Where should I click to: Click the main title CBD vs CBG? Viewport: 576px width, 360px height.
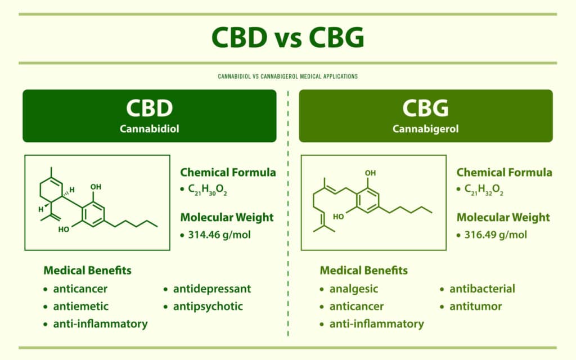pyautogui.click(x=287, y=38)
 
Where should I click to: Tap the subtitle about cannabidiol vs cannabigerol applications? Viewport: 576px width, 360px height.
pyautogui.click(x=287, y=76)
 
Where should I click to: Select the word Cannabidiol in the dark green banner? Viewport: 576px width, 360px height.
pyautogui.click(x=150, y=129)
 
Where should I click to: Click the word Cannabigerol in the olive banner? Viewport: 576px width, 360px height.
pyautogui.click(x=425, y=129)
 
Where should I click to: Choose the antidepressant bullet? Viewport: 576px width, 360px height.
pyautogui.click(x=211, y=289)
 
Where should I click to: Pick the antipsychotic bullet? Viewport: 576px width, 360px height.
pyautogui.click(x=208, y=307)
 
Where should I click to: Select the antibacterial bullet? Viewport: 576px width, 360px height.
pyautogui.click(x=482, y=289)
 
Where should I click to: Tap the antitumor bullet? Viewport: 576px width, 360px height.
pyautogui.click(x=475, y=307)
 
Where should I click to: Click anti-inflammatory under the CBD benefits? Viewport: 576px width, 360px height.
pyautogui.click(x=100, y=324)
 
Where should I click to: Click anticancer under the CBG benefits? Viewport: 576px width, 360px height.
pyautogui.click(x=357, y=307)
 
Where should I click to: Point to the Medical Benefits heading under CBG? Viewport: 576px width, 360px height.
pyautogui.click(x=364, y=271)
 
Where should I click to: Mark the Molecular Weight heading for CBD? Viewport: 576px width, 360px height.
pyautogui.click(x=227, y=217)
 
